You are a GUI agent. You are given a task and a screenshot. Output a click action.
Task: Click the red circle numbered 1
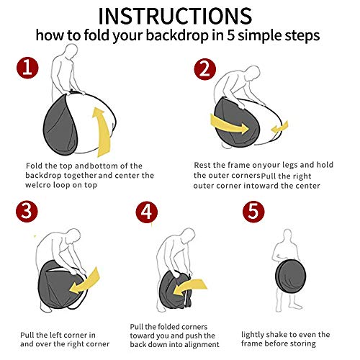[x=27, y=68]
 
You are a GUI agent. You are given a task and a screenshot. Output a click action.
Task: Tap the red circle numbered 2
[x=204, y=69]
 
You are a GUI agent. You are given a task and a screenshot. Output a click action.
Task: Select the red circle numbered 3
[x=27, y=211]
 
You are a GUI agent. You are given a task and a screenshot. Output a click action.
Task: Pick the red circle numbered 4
[x=147, y=212]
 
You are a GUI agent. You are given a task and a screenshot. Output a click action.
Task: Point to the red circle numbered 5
[x=253, y=212]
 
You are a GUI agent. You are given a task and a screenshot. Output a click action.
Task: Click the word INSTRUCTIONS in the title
[x=175, y=16]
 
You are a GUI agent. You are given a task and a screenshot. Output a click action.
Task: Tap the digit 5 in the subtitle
[x=230, y=35]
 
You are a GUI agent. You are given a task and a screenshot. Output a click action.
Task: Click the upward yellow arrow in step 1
[x=102, y=132]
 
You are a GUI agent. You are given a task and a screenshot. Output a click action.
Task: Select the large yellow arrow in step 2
[x=229, y=125]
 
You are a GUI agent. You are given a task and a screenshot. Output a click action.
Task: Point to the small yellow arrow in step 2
[x=279, y=127]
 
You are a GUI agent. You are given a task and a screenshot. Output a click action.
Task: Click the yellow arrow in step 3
[x=84, y=282]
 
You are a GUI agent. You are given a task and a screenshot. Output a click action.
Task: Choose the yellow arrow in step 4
[x=189, y=287]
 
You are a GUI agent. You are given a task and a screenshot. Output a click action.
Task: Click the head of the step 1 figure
[x=71, y=51]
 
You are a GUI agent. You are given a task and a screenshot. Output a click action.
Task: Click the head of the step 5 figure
[x=287, y=235]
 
